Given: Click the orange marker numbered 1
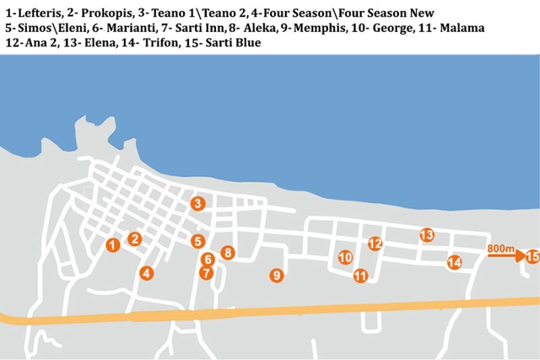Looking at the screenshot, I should (113, 245).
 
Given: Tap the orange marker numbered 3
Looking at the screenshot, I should (197, 203).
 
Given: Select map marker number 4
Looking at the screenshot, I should (146, 274).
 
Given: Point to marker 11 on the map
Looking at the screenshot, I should (360, 276).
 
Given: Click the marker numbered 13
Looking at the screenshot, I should (427, 235).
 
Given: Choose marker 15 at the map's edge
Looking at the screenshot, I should (532, 257).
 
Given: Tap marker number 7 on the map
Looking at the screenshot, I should (207, 274).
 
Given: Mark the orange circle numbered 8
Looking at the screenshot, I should (228, 253).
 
